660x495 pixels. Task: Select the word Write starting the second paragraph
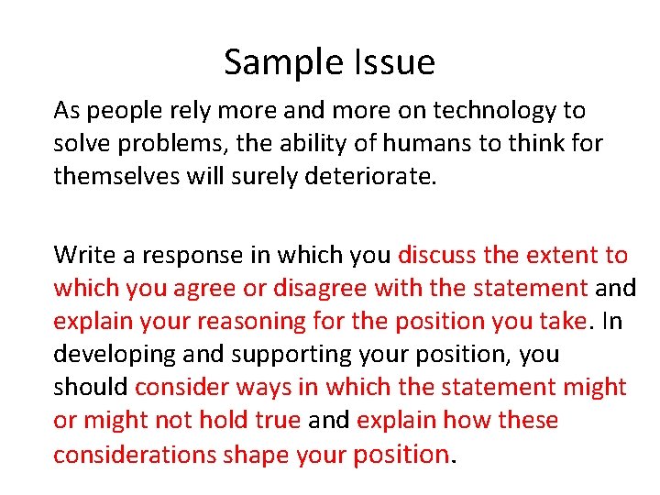click(83, 255)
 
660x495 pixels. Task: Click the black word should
click(91, 387)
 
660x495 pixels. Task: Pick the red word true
click(274, 420)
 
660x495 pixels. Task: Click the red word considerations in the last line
click(135, 454)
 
